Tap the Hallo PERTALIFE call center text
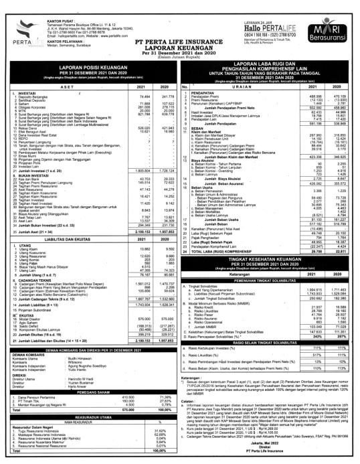tap(265, 15)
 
